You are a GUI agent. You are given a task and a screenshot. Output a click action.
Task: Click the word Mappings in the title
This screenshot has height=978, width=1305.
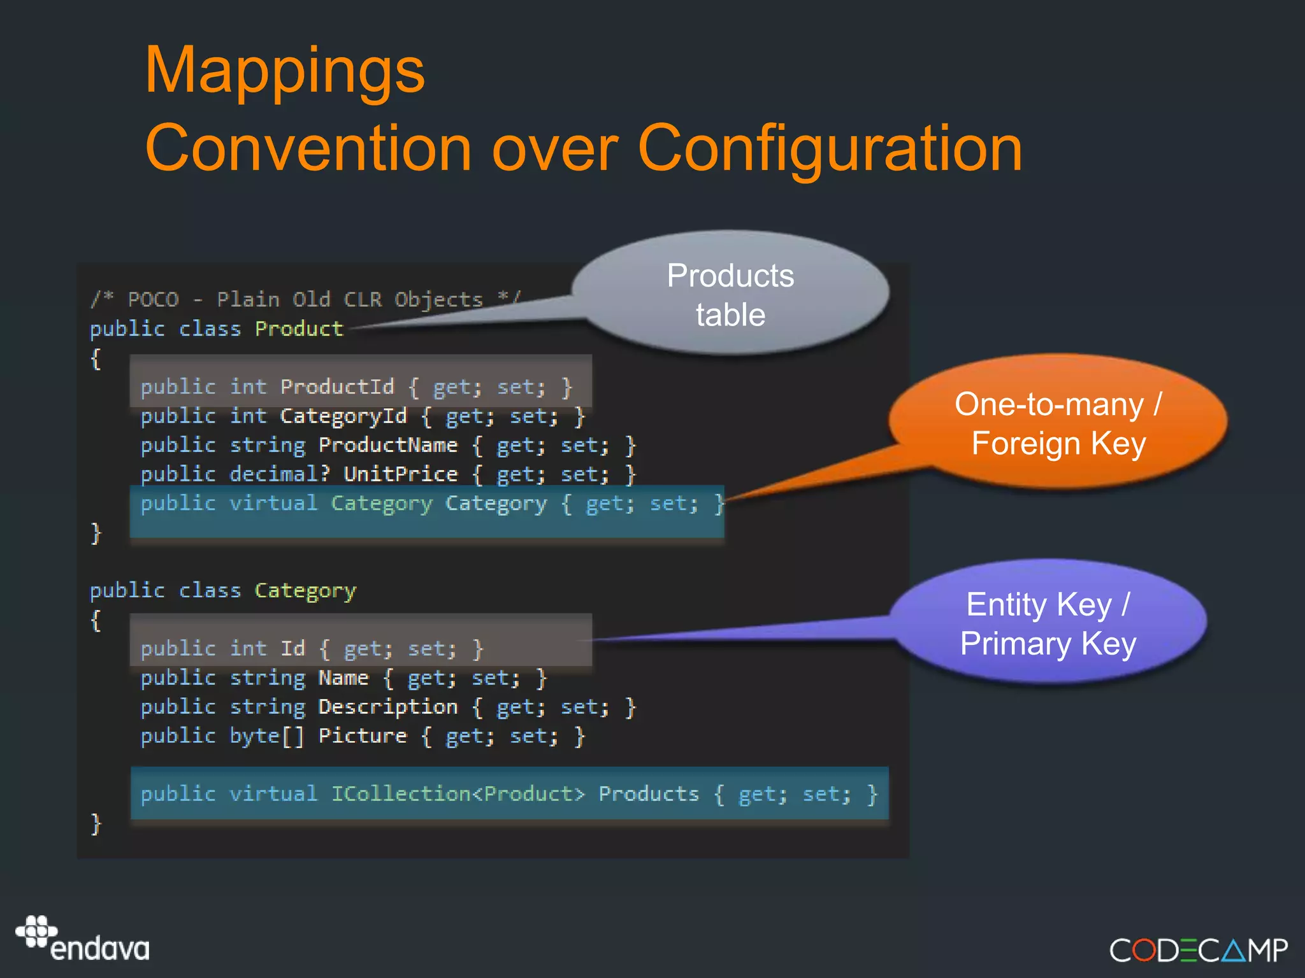point(284,71)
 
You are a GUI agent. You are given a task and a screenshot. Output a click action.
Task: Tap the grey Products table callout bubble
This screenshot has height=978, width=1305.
point(730,294)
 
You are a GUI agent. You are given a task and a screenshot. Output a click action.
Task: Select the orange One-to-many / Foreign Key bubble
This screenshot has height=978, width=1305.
point(1058,423)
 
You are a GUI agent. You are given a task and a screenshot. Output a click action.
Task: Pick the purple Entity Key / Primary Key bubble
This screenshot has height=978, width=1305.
point(1048,623)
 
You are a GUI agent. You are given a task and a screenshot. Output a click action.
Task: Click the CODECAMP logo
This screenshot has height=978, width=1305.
point(1198,950)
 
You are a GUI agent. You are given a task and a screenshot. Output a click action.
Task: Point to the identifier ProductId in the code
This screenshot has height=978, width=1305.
point(337,386)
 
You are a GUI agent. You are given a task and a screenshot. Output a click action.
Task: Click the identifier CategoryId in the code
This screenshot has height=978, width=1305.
point(343,416)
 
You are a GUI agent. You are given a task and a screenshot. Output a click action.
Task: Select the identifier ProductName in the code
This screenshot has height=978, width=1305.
point(387,445)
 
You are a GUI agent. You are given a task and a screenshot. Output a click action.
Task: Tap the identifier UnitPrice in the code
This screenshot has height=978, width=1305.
point(400,474)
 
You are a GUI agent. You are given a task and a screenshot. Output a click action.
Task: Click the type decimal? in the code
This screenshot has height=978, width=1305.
point(279,474)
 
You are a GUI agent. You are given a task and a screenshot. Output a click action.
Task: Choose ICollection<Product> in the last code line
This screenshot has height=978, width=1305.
point(458,794)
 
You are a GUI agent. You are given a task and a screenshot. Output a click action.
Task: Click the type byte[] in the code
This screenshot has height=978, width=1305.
point(266,736)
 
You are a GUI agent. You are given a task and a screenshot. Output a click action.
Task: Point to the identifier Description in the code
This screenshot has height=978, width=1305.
point(387,707)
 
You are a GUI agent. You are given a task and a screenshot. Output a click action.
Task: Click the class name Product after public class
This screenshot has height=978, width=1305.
point(299,329)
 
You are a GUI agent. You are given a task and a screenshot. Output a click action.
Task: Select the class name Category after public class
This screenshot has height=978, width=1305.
point(305,591)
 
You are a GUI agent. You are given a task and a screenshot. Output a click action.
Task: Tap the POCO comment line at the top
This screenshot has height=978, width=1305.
point(305,299)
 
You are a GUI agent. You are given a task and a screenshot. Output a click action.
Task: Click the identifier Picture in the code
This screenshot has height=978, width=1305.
point(362,736)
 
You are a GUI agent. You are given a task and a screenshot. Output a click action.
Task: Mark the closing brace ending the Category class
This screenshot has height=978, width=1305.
point(96,823)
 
